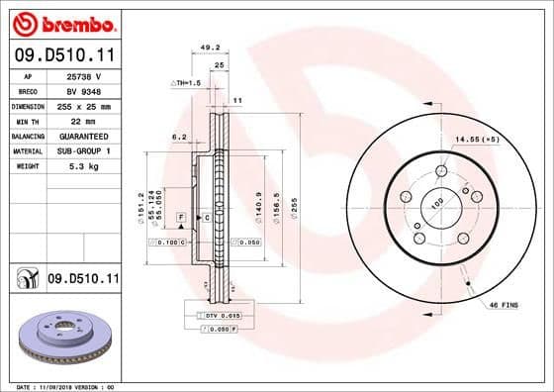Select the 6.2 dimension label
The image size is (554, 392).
point(179,138)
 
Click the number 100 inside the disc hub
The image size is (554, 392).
point(436,205)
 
